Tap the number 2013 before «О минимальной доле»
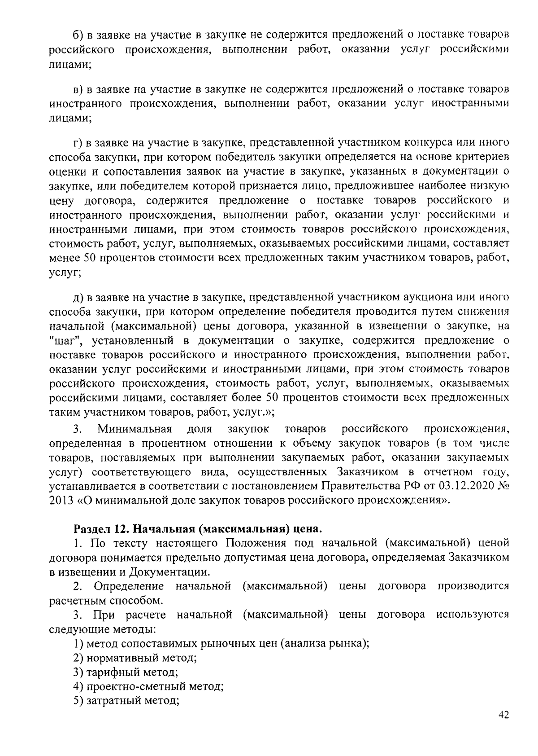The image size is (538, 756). (x=61, y=501)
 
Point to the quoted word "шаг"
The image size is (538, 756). (x=64, y=340)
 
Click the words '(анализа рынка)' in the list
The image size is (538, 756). (x=325, y=644)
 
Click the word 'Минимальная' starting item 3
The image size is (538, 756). (x=135, y=429)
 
